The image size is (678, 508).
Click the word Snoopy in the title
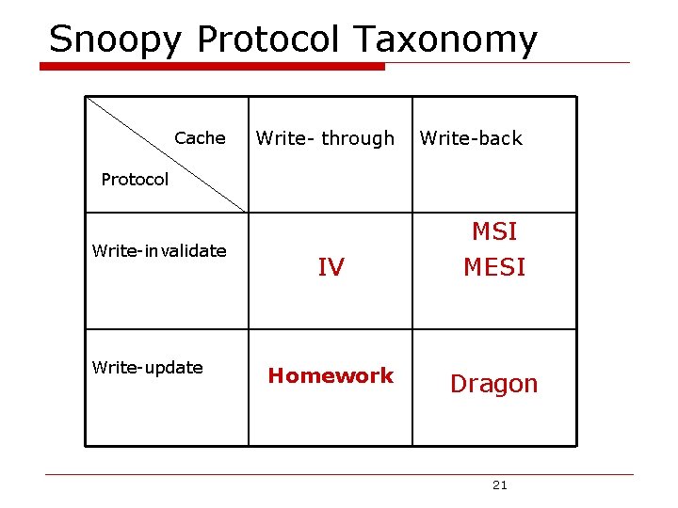pos(118,40)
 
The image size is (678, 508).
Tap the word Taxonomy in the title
pos(446,40)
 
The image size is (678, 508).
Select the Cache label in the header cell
pos(200,138)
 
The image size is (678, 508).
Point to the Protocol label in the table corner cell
pos(135,180)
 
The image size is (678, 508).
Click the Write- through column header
pos(325,138)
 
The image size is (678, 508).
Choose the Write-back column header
pos(471,138)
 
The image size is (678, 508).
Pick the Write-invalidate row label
pos(159,251)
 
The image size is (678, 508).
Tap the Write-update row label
pos(147,368)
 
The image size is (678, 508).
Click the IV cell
pos(331,268)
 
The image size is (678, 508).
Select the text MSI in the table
pos(494,231)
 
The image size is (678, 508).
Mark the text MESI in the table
pos(494,267)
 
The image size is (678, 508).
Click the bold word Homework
pos(331,376)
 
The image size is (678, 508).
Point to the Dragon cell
pos(493,384)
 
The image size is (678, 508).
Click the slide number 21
pos(499,485)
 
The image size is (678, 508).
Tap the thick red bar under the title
pos(212,67)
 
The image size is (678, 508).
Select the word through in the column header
pos(358,138)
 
